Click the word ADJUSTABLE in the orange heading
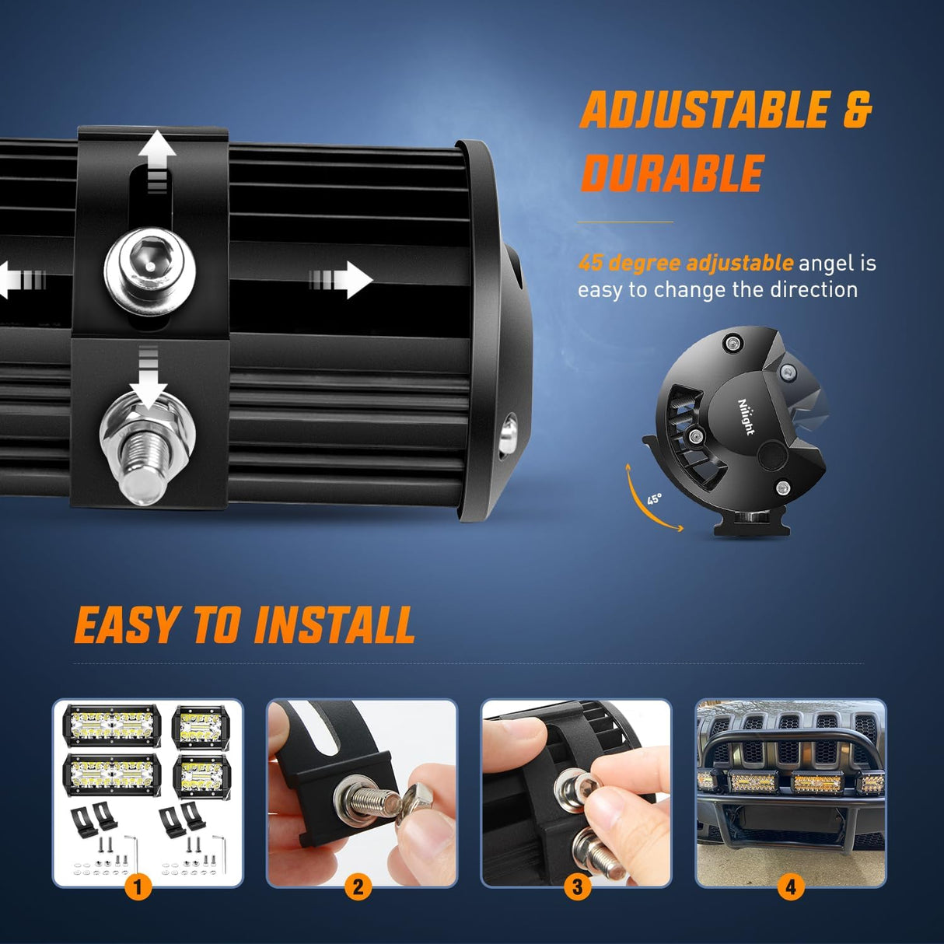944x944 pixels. click(x=705, y=110)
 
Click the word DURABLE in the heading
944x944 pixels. click(x=673, y=173)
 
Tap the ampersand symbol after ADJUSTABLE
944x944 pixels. click(x=857, y=110)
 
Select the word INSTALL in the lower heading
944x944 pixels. click(x=334, y=626)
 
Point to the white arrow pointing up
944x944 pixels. click(x=157, y=152)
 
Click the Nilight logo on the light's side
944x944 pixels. click(x=746, y=416)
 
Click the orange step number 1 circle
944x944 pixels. click(x=138, y=886)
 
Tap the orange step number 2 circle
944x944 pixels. click(x=358, y=886)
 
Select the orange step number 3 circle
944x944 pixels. click(x=577, y=886)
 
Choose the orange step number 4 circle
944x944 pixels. click(x=791, y=886)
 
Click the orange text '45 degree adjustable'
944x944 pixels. click(x=685, y=264)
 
